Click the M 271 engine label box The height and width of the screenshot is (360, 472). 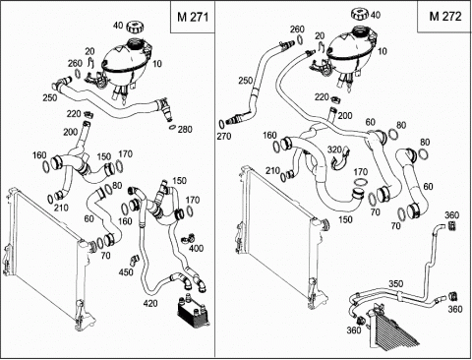193,17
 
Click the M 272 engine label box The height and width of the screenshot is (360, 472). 444,17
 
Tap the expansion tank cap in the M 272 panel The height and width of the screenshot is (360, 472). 361,15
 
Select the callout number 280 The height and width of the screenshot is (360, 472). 185,130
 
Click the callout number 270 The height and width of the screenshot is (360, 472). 224,136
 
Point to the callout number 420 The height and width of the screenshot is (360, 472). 150,304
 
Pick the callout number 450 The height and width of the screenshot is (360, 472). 126,271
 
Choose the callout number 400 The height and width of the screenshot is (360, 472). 197,248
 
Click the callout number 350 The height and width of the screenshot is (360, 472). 396,283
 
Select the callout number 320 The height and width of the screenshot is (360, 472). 334,150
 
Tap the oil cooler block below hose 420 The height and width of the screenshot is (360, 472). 193,312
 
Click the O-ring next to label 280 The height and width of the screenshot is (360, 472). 172,126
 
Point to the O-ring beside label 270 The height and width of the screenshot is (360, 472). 221,124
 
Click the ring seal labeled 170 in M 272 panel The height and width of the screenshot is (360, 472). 360,182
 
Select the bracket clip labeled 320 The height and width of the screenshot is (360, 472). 339,160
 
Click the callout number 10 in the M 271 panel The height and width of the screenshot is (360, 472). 157,63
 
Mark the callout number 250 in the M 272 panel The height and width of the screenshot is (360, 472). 246,81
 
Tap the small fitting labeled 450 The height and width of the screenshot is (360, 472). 134,260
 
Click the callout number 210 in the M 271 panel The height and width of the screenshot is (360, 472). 61,208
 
